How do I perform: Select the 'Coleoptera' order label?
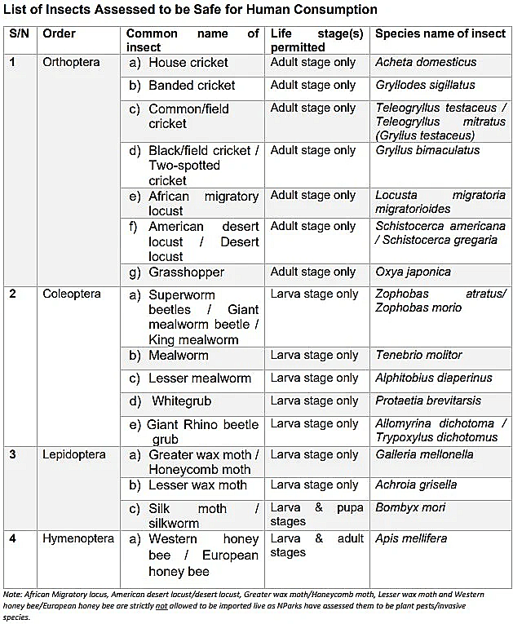tap(72, 294)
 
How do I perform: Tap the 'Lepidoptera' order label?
tap(74, 454)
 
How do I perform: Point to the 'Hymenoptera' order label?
tap(77, 539)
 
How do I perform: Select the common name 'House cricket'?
tap(188, 62)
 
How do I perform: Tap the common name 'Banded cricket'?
tap(192, 85)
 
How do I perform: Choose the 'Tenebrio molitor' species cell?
tap(418, 355)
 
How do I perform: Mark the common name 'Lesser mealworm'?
tap(200, 378)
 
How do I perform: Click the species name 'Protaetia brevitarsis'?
tap(428, 401)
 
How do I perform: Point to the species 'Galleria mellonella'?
tap(424, 454)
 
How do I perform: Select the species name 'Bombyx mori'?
tap(410, 507)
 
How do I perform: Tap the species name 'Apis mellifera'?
tap(411, 539)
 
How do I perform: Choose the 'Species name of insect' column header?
tap(440, 34)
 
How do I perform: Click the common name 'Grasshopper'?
tap(186, 272)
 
